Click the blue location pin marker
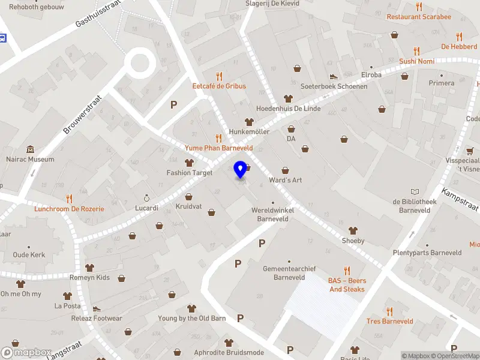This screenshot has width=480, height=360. pyautogui.click(x=241, y=170)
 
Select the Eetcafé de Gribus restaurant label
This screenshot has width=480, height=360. pyautogui.click(x=219, y=86)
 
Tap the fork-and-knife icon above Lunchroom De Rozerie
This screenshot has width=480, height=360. pyautogui.click(x=69, y=199)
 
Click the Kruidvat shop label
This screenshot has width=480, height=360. pyautogui.click(x=188, y=206)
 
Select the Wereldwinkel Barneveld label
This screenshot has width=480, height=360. pyautogui.click(x=273, y=214)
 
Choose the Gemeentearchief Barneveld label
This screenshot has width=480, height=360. pyautogui.click(x=289, y=273)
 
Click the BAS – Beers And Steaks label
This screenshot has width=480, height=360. pyautogui.click(x=346, y=285)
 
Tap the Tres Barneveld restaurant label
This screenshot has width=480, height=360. pyautogui.click(x=390, y=321)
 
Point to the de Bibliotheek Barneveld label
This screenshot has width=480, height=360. pyautogui.click(x=414, y=205)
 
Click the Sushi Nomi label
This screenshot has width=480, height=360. pyautogui.click(x=417, y=61)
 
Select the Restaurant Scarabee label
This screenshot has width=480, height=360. pyautogui.click(x=419, y=17)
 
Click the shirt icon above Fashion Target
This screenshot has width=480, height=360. pyautogui.click(x=190, y=163)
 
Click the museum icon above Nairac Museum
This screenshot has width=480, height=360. pyautogui.click(x=30, y=149)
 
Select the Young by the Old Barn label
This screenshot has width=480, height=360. pyautogui.click(x=192, y=318)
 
